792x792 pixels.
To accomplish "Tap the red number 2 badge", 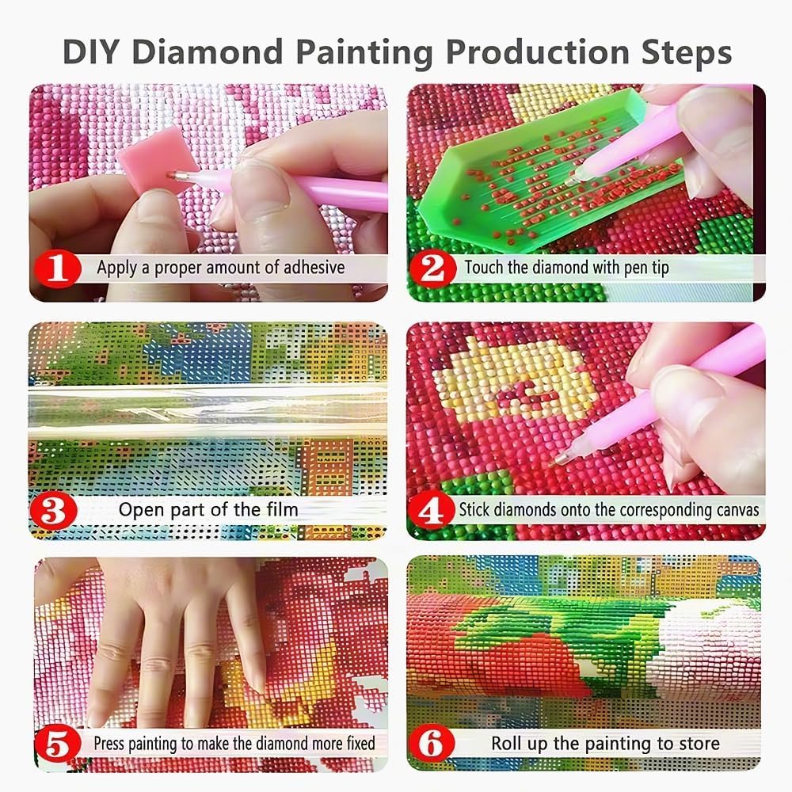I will (432, 268).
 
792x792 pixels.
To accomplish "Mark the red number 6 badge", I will (432, 744).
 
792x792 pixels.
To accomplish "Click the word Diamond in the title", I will (214, 52).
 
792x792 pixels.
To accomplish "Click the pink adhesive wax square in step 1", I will (141, 169).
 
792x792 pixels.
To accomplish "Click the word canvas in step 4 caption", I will (730, 508).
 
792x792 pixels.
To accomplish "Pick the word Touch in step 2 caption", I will (483, 267).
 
